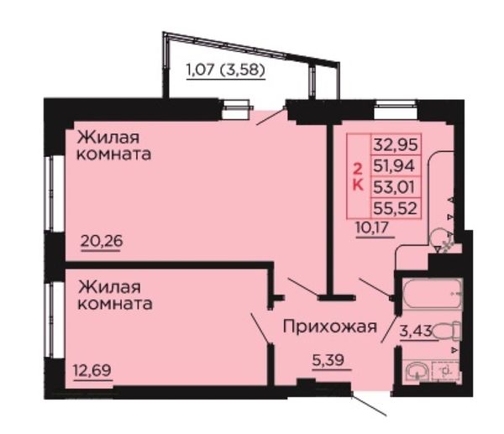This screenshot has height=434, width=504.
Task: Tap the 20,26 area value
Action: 102,241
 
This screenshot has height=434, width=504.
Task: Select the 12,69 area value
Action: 92,370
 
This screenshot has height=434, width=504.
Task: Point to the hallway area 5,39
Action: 328,360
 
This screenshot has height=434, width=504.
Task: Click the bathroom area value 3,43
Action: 416,331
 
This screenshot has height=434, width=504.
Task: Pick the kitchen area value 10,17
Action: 372,227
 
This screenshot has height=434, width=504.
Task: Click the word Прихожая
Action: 330,327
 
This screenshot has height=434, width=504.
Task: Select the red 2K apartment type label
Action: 358,176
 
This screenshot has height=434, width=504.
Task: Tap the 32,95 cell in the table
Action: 396,144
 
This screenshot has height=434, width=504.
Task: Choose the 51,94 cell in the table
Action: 396,165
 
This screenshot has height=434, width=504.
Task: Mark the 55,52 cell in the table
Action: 396,208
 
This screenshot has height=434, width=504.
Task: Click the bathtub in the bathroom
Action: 433,294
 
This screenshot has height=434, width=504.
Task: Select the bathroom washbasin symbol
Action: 417,371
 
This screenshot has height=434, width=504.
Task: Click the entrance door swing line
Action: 369,405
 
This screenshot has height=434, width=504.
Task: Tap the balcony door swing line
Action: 270,117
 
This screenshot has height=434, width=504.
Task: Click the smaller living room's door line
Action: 261,328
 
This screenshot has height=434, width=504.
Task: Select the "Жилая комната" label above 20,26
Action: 113,146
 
